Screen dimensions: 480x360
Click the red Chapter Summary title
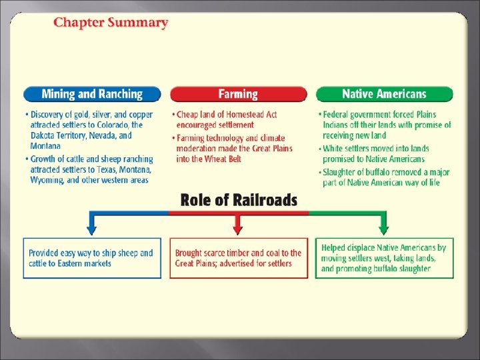point(111,23)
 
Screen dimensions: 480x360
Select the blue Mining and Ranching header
point(92,94)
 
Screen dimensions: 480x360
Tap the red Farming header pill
point(238,94)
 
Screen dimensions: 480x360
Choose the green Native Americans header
point(384,94)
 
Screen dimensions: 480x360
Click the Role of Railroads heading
point(239,200)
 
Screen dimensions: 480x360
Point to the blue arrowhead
point(91,231)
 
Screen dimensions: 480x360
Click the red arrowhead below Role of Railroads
point(238,231)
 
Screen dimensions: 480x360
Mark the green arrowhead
point(383,231)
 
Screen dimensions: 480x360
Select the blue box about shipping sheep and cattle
point(92,258)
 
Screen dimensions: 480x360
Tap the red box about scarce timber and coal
point(239,258)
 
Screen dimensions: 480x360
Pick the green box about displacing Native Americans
point(385,258)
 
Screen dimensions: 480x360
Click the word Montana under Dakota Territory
point(45,146)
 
